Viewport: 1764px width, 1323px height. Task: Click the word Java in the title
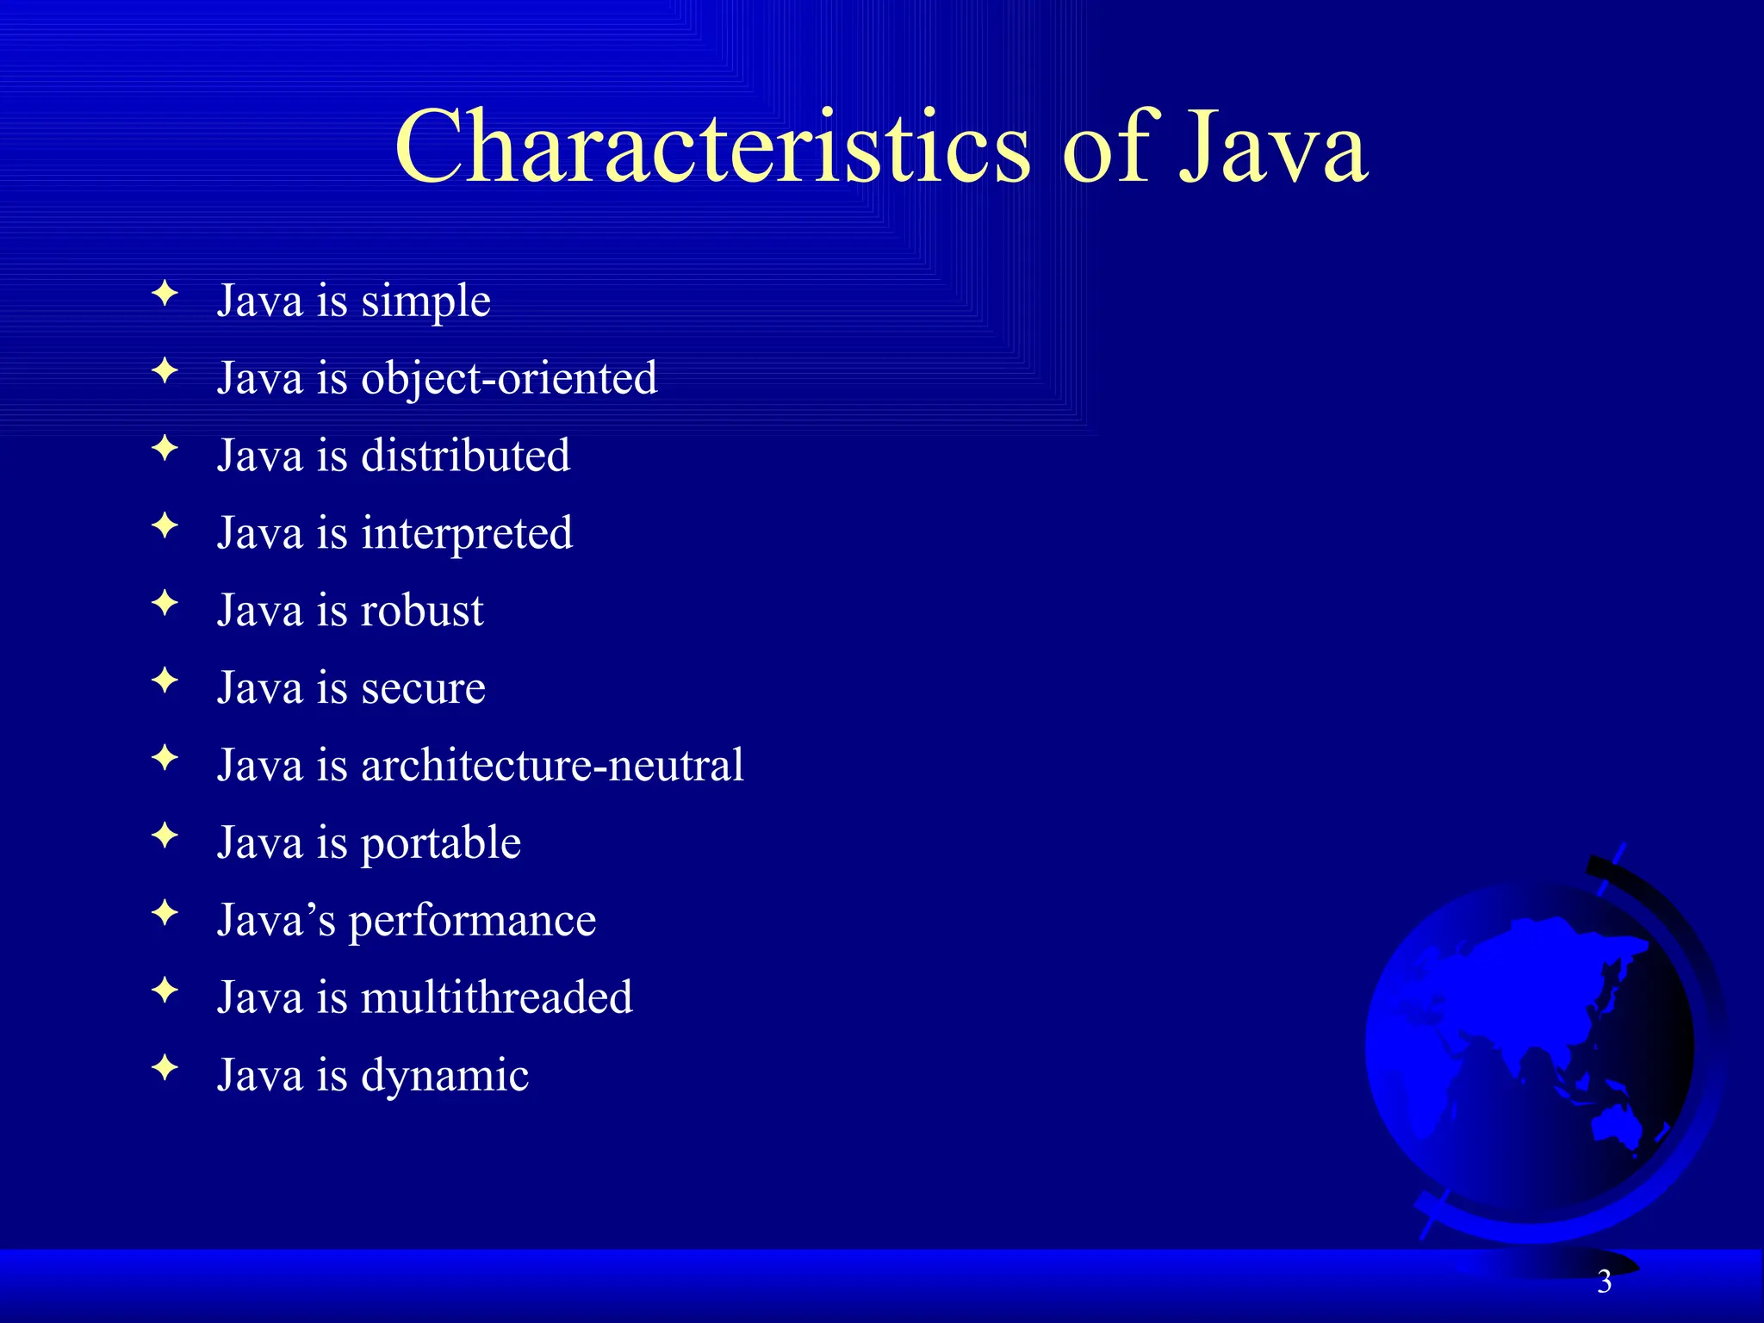[1272, 148]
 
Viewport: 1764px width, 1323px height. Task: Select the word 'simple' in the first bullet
[425, 301]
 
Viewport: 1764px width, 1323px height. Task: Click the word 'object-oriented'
[509, 379]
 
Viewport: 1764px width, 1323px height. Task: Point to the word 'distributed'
[465, 456]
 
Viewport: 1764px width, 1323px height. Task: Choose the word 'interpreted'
[467, 533]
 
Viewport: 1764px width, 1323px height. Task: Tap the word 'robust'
[422, 611]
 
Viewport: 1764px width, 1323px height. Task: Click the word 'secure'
[423, 688]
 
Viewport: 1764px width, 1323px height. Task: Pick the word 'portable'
[441, 843]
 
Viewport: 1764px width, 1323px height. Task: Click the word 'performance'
[472, 921]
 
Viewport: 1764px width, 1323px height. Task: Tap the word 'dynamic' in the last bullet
[444, 1076]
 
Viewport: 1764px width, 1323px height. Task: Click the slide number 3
[1604, 1283]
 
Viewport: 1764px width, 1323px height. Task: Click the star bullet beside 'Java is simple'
[165, 295]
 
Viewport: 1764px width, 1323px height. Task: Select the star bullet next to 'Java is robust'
[165, 603]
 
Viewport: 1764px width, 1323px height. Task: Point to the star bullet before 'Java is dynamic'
[165, 1068]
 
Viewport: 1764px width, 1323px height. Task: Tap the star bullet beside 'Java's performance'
[165, 913]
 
